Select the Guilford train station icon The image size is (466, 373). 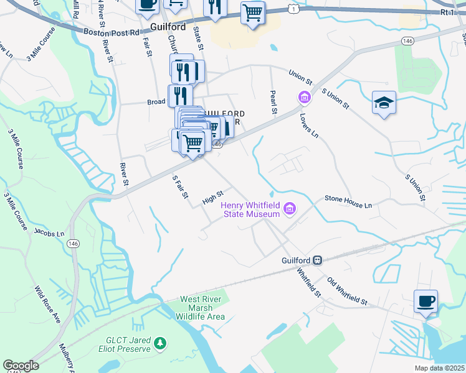tap(317, 260)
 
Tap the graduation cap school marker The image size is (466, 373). tap(384, 103)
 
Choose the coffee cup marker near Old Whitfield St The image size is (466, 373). tap(426, 302)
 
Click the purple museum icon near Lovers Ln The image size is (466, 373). tap(305, 97)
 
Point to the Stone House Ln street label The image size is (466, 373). tap(348, 201)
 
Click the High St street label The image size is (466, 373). tap(212, 198)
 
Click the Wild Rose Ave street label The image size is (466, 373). tap(47, 305)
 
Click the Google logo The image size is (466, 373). tap(21, 366)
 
